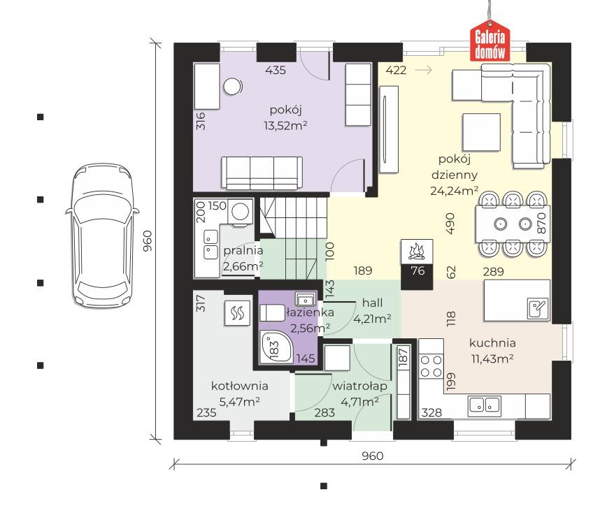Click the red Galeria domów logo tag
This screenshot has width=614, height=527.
pos(490,42)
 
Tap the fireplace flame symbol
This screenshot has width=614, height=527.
pos(417,252)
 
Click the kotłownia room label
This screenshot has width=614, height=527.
pos(240,386)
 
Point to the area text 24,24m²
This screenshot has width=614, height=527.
pos(455,191)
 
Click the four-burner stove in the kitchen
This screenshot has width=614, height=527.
pos(431,366)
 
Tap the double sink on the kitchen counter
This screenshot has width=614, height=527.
pos(485,405)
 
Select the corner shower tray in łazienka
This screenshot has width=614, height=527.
pos(276,346)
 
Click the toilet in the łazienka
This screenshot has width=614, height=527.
pos(272,312)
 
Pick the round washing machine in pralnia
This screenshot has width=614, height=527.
pos(240,212)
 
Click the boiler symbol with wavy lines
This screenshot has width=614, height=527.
pos(237,313)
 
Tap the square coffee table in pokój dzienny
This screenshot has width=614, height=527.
pos(481,132)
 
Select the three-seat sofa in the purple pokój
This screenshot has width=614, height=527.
pos(262,173)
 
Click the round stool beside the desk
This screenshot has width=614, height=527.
pos(232,87)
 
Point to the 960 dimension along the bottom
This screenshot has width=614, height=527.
pos(373,456)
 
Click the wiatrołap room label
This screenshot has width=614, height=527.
pos(359,386)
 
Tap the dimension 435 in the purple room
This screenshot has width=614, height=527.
pos(276,71)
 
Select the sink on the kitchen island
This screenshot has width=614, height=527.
pos(538,308)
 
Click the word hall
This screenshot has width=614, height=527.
pos(373,303)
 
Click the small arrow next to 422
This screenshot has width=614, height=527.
pos(423,70)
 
